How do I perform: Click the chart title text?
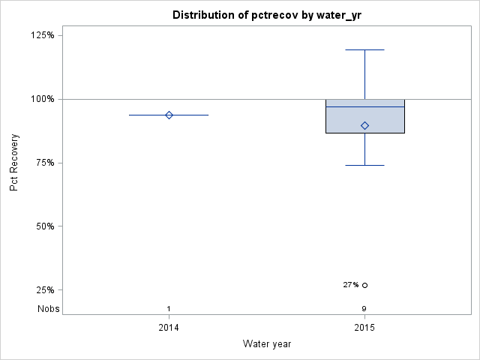click(x=268, y=15)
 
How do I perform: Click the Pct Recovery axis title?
click(x=14, y=163)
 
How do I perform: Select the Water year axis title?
click(x=267, y=343)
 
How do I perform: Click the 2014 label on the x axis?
click(x=169, y=328)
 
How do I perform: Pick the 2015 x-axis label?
click(x=364, y=328)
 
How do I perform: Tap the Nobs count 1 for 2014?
click(x=169, y=309)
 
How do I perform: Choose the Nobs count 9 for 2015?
click(x=364, y=309)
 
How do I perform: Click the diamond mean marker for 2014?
click(x=169, y=115)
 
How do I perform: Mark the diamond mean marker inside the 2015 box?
click(x=365, y=125)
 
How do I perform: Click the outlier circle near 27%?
click(x=365, y=285)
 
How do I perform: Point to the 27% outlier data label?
click(x=350, y=285)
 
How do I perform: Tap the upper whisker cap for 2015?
click(x=365, y=50)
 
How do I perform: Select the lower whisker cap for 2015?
click(x=365, y=165)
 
